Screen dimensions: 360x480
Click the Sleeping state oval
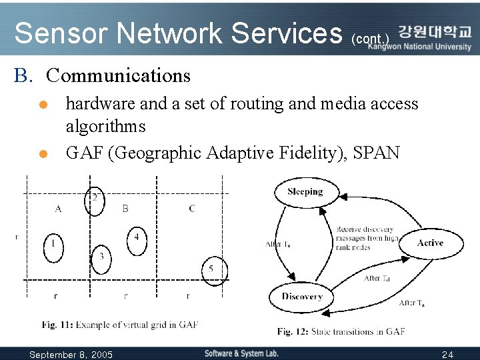(x=305, y=192)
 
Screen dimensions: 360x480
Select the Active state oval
(x=430, y=243)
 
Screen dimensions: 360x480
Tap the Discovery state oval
(x=301, y=297)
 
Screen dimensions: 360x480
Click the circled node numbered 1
(x=53, y=245)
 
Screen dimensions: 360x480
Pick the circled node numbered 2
(x=95, y=199)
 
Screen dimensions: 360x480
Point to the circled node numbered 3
(x=101, y=257)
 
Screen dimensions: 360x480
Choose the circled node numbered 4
(x=136, y=238)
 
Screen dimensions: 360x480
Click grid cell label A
(x=58, y=209)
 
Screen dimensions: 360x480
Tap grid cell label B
(x=125, y=209)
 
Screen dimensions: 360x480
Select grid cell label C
(x=192, y=209)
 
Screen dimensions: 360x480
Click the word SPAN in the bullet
(x=377, y=153)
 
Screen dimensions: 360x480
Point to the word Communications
(x=119, y=75)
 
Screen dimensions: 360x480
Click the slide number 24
(x=447, y=354)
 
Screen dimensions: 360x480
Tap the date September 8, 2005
(x=71, y=354)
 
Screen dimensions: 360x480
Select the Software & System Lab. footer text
(x=241, y=353)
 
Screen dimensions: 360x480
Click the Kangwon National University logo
(x=435, y=37)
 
